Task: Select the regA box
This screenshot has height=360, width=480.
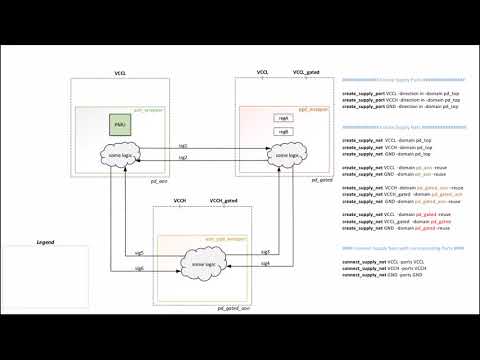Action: tap(283, 118)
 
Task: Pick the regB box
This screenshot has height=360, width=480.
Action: tap(283, 131)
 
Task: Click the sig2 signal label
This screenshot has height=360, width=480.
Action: tap(182, 158)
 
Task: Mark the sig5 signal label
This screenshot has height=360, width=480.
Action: tap(139, 252)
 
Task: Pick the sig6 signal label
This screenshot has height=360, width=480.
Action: tap(139, 268)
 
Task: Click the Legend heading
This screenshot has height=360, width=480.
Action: tap(46, 243)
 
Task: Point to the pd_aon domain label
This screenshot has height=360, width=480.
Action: tap(155, 180)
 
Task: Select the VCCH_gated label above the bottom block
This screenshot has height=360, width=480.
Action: tap(223, 201)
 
